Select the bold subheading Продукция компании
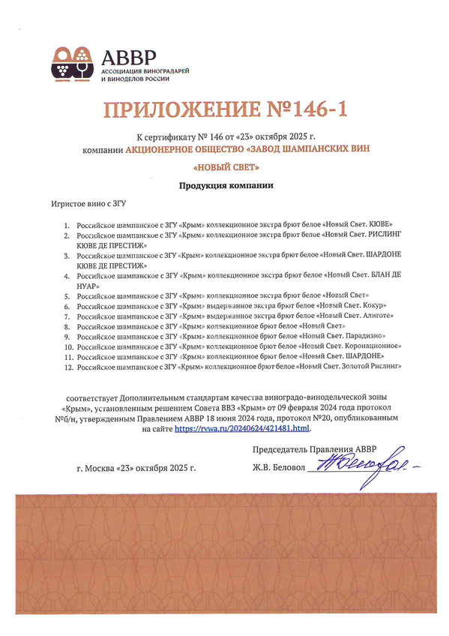coord(225,185)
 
